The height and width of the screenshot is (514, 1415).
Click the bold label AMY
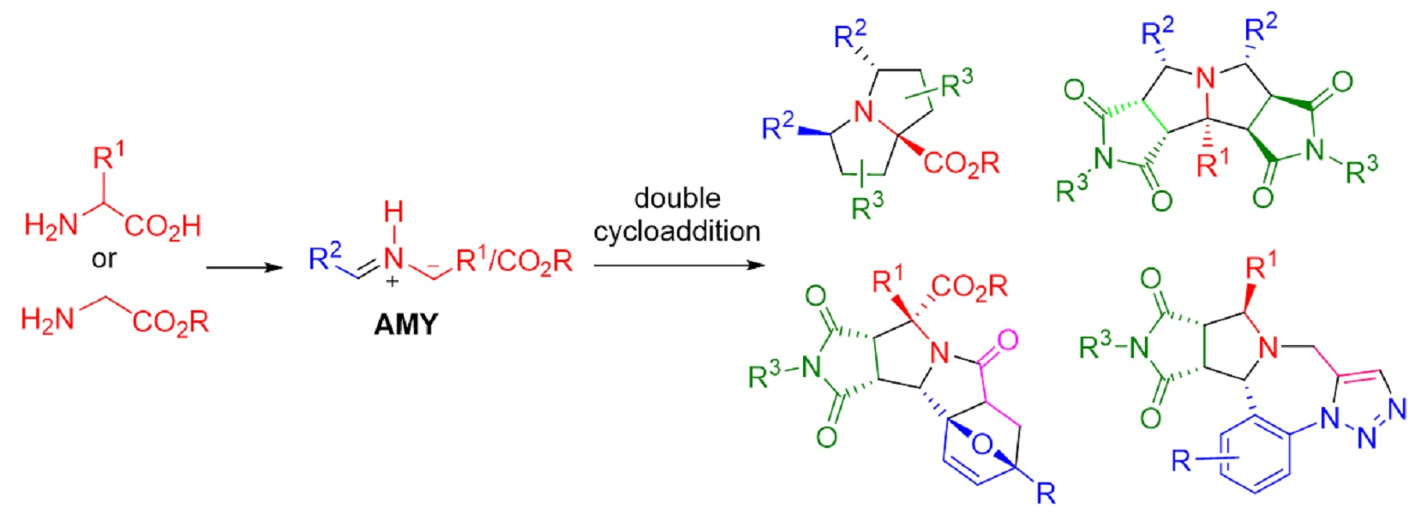coord(405,325)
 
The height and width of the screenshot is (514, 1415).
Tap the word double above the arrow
coord(676,198)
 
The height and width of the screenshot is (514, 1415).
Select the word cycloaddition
coord(676,230)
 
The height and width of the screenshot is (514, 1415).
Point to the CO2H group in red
coord(163,226)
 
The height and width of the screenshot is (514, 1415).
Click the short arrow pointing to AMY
coord(244,267)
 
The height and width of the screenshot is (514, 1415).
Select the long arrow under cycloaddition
coord(678,266)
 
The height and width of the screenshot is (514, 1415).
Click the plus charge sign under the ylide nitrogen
coord(393,280)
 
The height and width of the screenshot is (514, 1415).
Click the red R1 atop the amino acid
coord(108,157)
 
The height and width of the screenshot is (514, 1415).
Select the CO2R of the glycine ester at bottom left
coord(171,322)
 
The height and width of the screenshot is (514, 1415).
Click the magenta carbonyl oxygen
coord(1007,340)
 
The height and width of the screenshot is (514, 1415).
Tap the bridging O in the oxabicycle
coord(983,445)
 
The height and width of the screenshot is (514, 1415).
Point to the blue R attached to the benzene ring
coord(1182,462)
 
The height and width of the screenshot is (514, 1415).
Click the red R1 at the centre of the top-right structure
coord(1211,163)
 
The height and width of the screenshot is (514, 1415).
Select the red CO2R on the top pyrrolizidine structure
coord(961,163)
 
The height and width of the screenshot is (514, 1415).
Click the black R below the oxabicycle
coord(1045,493)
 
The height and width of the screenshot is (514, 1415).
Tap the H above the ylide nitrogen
coord(393,212)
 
